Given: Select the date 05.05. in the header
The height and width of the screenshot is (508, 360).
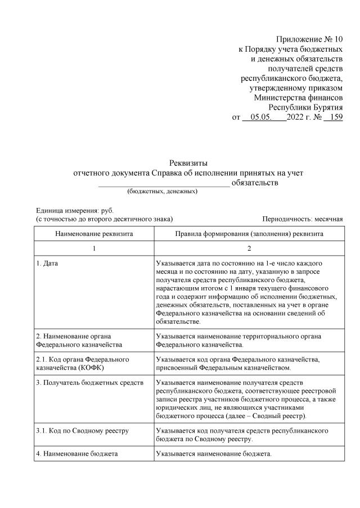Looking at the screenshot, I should pyautogui.click(x=261, y=117).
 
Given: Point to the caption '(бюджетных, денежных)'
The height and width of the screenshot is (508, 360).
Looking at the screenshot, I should pyautogui.click(x=162, y=192).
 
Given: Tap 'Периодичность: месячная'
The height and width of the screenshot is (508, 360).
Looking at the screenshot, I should pyautogui.click(x=302, y=219).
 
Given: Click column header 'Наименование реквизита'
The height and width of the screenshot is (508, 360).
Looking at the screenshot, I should pyautogui.click(x=93, y=233).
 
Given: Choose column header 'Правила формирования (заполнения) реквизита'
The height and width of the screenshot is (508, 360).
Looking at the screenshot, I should pyautogui.click(x=249, y=233).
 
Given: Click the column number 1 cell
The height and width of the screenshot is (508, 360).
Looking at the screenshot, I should pyautogui.click(x=94, y=248).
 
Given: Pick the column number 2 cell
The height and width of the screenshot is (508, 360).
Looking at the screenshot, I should pyautogui.click(x=249, y=248).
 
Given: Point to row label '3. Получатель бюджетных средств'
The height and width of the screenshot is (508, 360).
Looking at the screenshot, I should pyautogui.click(x=85, y=382).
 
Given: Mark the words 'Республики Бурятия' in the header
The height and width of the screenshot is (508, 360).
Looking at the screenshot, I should pyautogui.click(x=305, y=107).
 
